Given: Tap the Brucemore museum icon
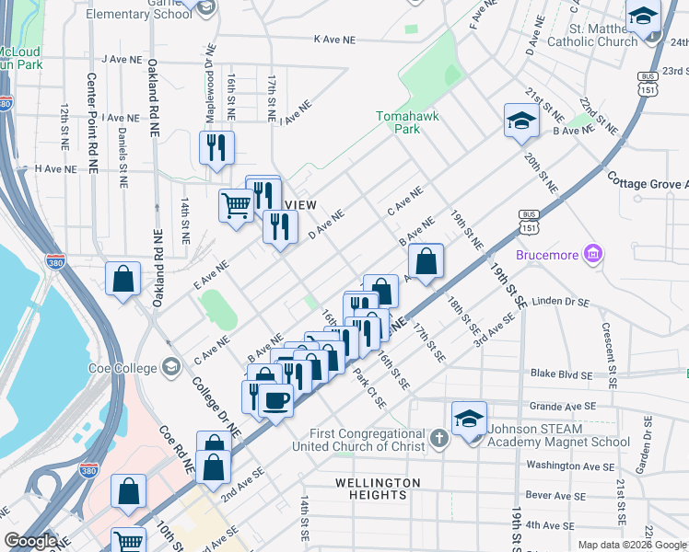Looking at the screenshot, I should [593, 253].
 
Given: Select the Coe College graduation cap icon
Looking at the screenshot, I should [169, 368].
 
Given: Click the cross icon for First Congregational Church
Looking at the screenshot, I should [438, 435].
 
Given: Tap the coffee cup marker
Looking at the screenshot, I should [275, 399].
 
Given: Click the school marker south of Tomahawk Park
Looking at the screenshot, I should [521, 121].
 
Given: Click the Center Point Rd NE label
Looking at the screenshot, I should [92, 124].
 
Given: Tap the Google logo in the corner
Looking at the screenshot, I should [30, 541].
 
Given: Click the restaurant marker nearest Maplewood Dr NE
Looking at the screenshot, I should [216, 147].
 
